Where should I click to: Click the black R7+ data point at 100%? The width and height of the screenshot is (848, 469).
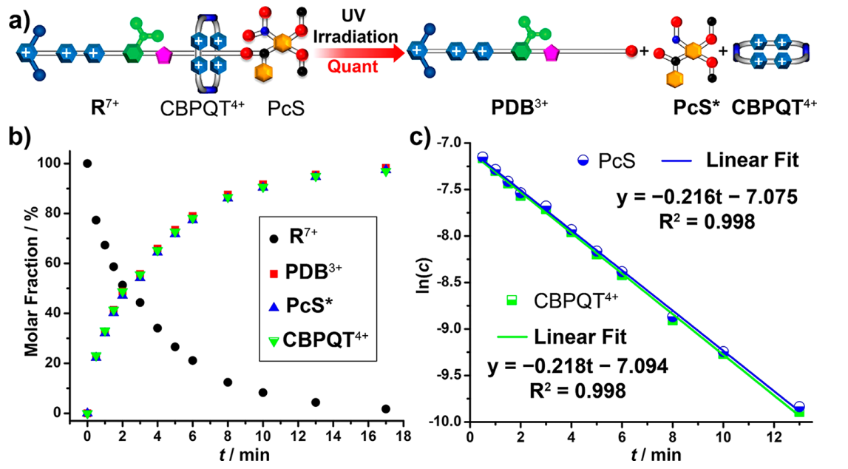(x=87, y=163)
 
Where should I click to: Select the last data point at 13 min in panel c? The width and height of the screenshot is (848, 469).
(x=798, y=408)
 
